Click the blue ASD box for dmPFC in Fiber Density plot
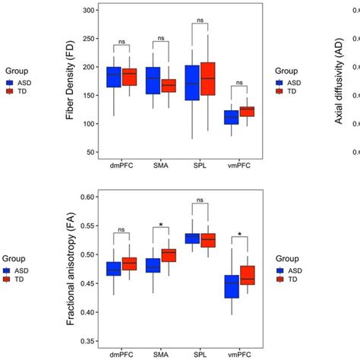pos(114,76)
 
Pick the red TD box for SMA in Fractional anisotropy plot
pos(169,255)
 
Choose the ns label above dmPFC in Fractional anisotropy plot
pos(122,230)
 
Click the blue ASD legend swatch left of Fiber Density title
pos(10,80)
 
